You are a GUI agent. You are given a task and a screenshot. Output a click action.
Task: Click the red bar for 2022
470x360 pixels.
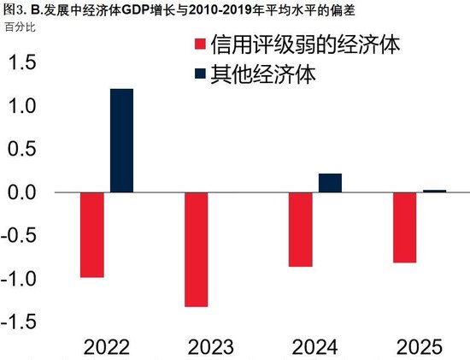[91, 235]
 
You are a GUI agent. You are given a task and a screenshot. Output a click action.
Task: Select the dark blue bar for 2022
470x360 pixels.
[121, 141]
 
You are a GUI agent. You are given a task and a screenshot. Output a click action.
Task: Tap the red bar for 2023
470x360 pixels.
[196, 250]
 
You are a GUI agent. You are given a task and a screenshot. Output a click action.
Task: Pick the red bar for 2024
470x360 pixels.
[300, 230]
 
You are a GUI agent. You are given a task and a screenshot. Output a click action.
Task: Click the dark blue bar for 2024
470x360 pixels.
[330, 183]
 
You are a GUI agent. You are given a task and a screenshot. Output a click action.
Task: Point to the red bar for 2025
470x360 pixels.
[404, 227]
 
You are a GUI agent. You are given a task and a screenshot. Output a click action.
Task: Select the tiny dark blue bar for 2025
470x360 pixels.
[434, 191]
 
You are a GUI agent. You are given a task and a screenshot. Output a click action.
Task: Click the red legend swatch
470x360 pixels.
[201, 45]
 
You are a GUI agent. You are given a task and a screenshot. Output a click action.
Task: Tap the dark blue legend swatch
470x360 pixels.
[201, 74]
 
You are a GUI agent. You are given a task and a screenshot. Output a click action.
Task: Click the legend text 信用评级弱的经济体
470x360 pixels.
[307, 45]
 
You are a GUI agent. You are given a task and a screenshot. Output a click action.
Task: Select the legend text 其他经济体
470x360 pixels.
[267, 74]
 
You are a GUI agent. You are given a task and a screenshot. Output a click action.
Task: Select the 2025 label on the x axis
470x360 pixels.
[420, 345]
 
